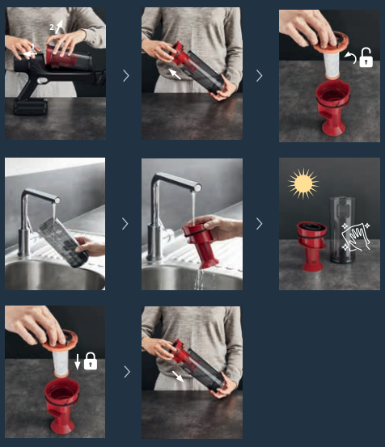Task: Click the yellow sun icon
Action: click(x=302, y=183)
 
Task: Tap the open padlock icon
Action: click(x=366, y=57)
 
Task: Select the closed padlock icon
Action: click(x=91, y=361)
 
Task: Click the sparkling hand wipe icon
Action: click(x=356, y=237)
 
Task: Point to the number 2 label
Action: click(x=52, y=27)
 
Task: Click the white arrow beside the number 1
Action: click(x=30, y=53)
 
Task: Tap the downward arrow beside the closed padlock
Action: click(x=78, y=362)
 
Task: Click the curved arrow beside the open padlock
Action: click(x=352, y=57)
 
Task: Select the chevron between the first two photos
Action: click(x=126, y=76)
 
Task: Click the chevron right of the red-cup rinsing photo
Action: click(x=259, y=224)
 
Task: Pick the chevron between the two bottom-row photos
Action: click(x=127, y=372)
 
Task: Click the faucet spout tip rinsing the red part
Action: click(x=197, y=188)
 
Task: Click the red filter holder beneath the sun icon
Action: click(x=311, y=246)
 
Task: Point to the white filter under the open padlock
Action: click(x=332, y=65)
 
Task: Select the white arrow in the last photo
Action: click(x=178, y=377)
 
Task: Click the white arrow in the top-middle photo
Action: click(x=175, y=74)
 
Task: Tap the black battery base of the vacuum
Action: click(x=31, y=107)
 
